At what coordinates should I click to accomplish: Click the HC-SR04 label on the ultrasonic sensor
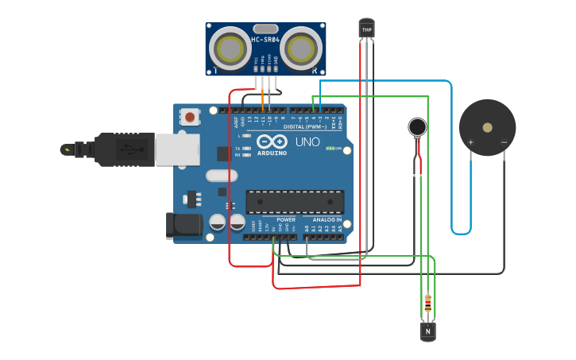[266, 40]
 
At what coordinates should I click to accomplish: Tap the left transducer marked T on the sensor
[230, 48]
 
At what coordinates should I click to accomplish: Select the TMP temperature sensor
[366, 29]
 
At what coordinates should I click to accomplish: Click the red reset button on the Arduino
[190, 117]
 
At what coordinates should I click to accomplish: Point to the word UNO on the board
[307, 143]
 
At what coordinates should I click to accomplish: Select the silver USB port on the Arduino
[176, 148]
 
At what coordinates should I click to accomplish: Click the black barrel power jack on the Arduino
[182, 225]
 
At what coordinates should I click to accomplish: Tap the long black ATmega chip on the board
[295, 202]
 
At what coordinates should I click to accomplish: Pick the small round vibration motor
[417, 126]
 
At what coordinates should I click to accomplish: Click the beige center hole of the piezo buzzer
[487, 126]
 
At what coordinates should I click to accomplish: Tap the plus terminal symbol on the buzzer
[471, 143]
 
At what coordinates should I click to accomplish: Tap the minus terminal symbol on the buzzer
[504, 143]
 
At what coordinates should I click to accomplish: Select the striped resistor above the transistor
[428, 302]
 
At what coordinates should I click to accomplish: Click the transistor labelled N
[427, 330]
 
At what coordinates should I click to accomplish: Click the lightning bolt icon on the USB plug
[68, 149]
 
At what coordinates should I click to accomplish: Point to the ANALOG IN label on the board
[327, 220]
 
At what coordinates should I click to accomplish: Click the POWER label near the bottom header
[286, 220]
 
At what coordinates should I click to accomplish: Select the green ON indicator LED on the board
[331, 149]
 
